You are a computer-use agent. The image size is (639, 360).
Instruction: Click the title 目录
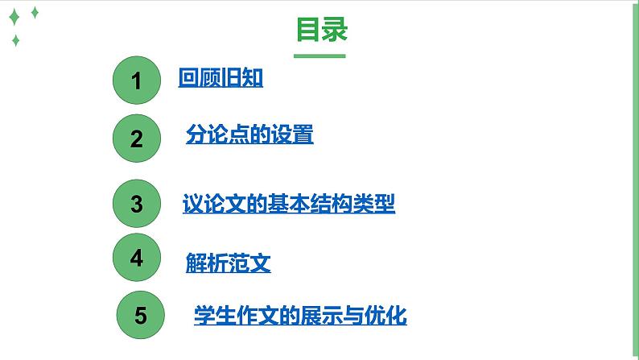point(322,30)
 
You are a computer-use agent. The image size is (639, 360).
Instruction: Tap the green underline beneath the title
point(319,56)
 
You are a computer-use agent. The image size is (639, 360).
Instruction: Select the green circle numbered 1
point(136,81)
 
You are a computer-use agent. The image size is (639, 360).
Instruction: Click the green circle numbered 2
point(136,139)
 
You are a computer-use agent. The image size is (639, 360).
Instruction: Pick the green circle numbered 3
point(136,204)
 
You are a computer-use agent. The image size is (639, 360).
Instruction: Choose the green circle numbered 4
point(136,258)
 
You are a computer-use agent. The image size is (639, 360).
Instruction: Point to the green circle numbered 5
point(141,315)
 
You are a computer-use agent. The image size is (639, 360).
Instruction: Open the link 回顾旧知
point(221,79)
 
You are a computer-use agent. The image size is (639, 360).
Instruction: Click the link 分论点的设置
point(249,135)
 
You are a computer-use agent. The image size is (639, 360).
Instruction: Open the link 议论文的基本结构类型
point(289,204)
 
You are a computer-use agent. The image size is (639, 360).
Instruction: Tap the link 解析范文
point(228,263)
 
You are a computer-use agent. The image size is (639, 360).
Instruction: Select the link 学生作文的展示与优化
point(300,315)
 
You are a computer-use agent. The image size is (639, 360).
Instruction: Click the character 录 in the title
point(335,30)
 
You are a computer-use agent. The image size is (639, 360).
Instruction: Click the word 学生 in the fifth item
point(212,315)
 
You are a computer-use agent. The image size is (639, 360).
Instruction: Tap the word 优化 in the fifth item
point(389,315)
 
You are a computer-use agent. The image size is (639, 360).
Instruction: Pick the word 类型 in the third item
point(377,204)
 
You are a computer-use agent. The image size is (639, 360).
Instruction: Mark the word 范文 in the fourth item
point(249,263)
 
